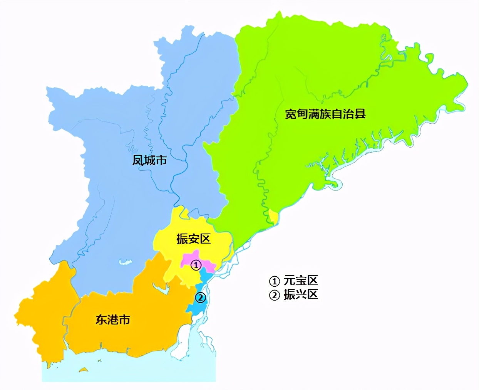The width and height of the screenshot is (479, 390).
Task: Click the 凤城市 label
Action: [x=149, y=160]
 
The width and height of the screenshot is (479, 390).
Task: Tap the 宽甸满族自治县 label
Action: [x=325, y=114]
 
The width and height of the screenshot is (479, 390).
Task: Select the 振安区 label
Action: [x=193, y=239]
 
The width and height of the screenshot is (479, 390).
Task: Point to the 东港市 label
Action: [x=113, y=319]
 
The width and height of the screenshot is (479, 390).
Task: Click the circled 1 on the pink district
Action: [x=196, y=265]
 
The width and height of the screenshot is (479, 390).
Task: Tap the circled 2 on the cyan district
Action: [x=200, y=298]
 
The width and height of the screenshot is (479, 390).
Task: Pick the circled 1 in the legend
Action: [x=274, y=281]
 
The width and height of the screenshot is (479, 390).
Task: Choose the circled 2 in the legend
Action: [x=274, y=295]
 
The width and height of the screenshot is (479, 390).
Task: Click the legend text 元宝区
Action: [x=301, y=281]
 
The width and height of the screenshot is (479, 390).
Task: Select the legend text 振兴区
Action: [x=301, y=295]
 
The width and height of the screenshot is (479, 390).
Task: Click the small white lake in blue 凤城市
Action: [x=124, y=262]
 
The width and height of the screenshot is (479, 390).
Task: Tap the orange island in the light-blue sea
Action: [x=84, y=370]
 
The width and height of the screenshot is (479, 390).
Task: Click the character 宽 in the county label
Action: [x=291, y=114]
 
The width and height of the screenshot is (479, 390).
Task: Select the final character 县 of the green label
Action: [x=360, y=114]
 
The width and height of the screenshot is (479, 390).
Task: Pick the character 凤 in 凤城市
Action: [x=138, y=160]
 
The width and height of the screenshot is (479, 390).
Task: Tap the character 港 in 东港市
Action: [x=113, y=319]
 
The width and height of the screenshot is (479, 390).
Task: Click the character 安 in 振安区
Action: [x=193, y=239]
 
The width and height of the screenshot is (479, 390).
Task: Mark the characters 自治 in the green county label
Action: [x=342, y=114]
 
